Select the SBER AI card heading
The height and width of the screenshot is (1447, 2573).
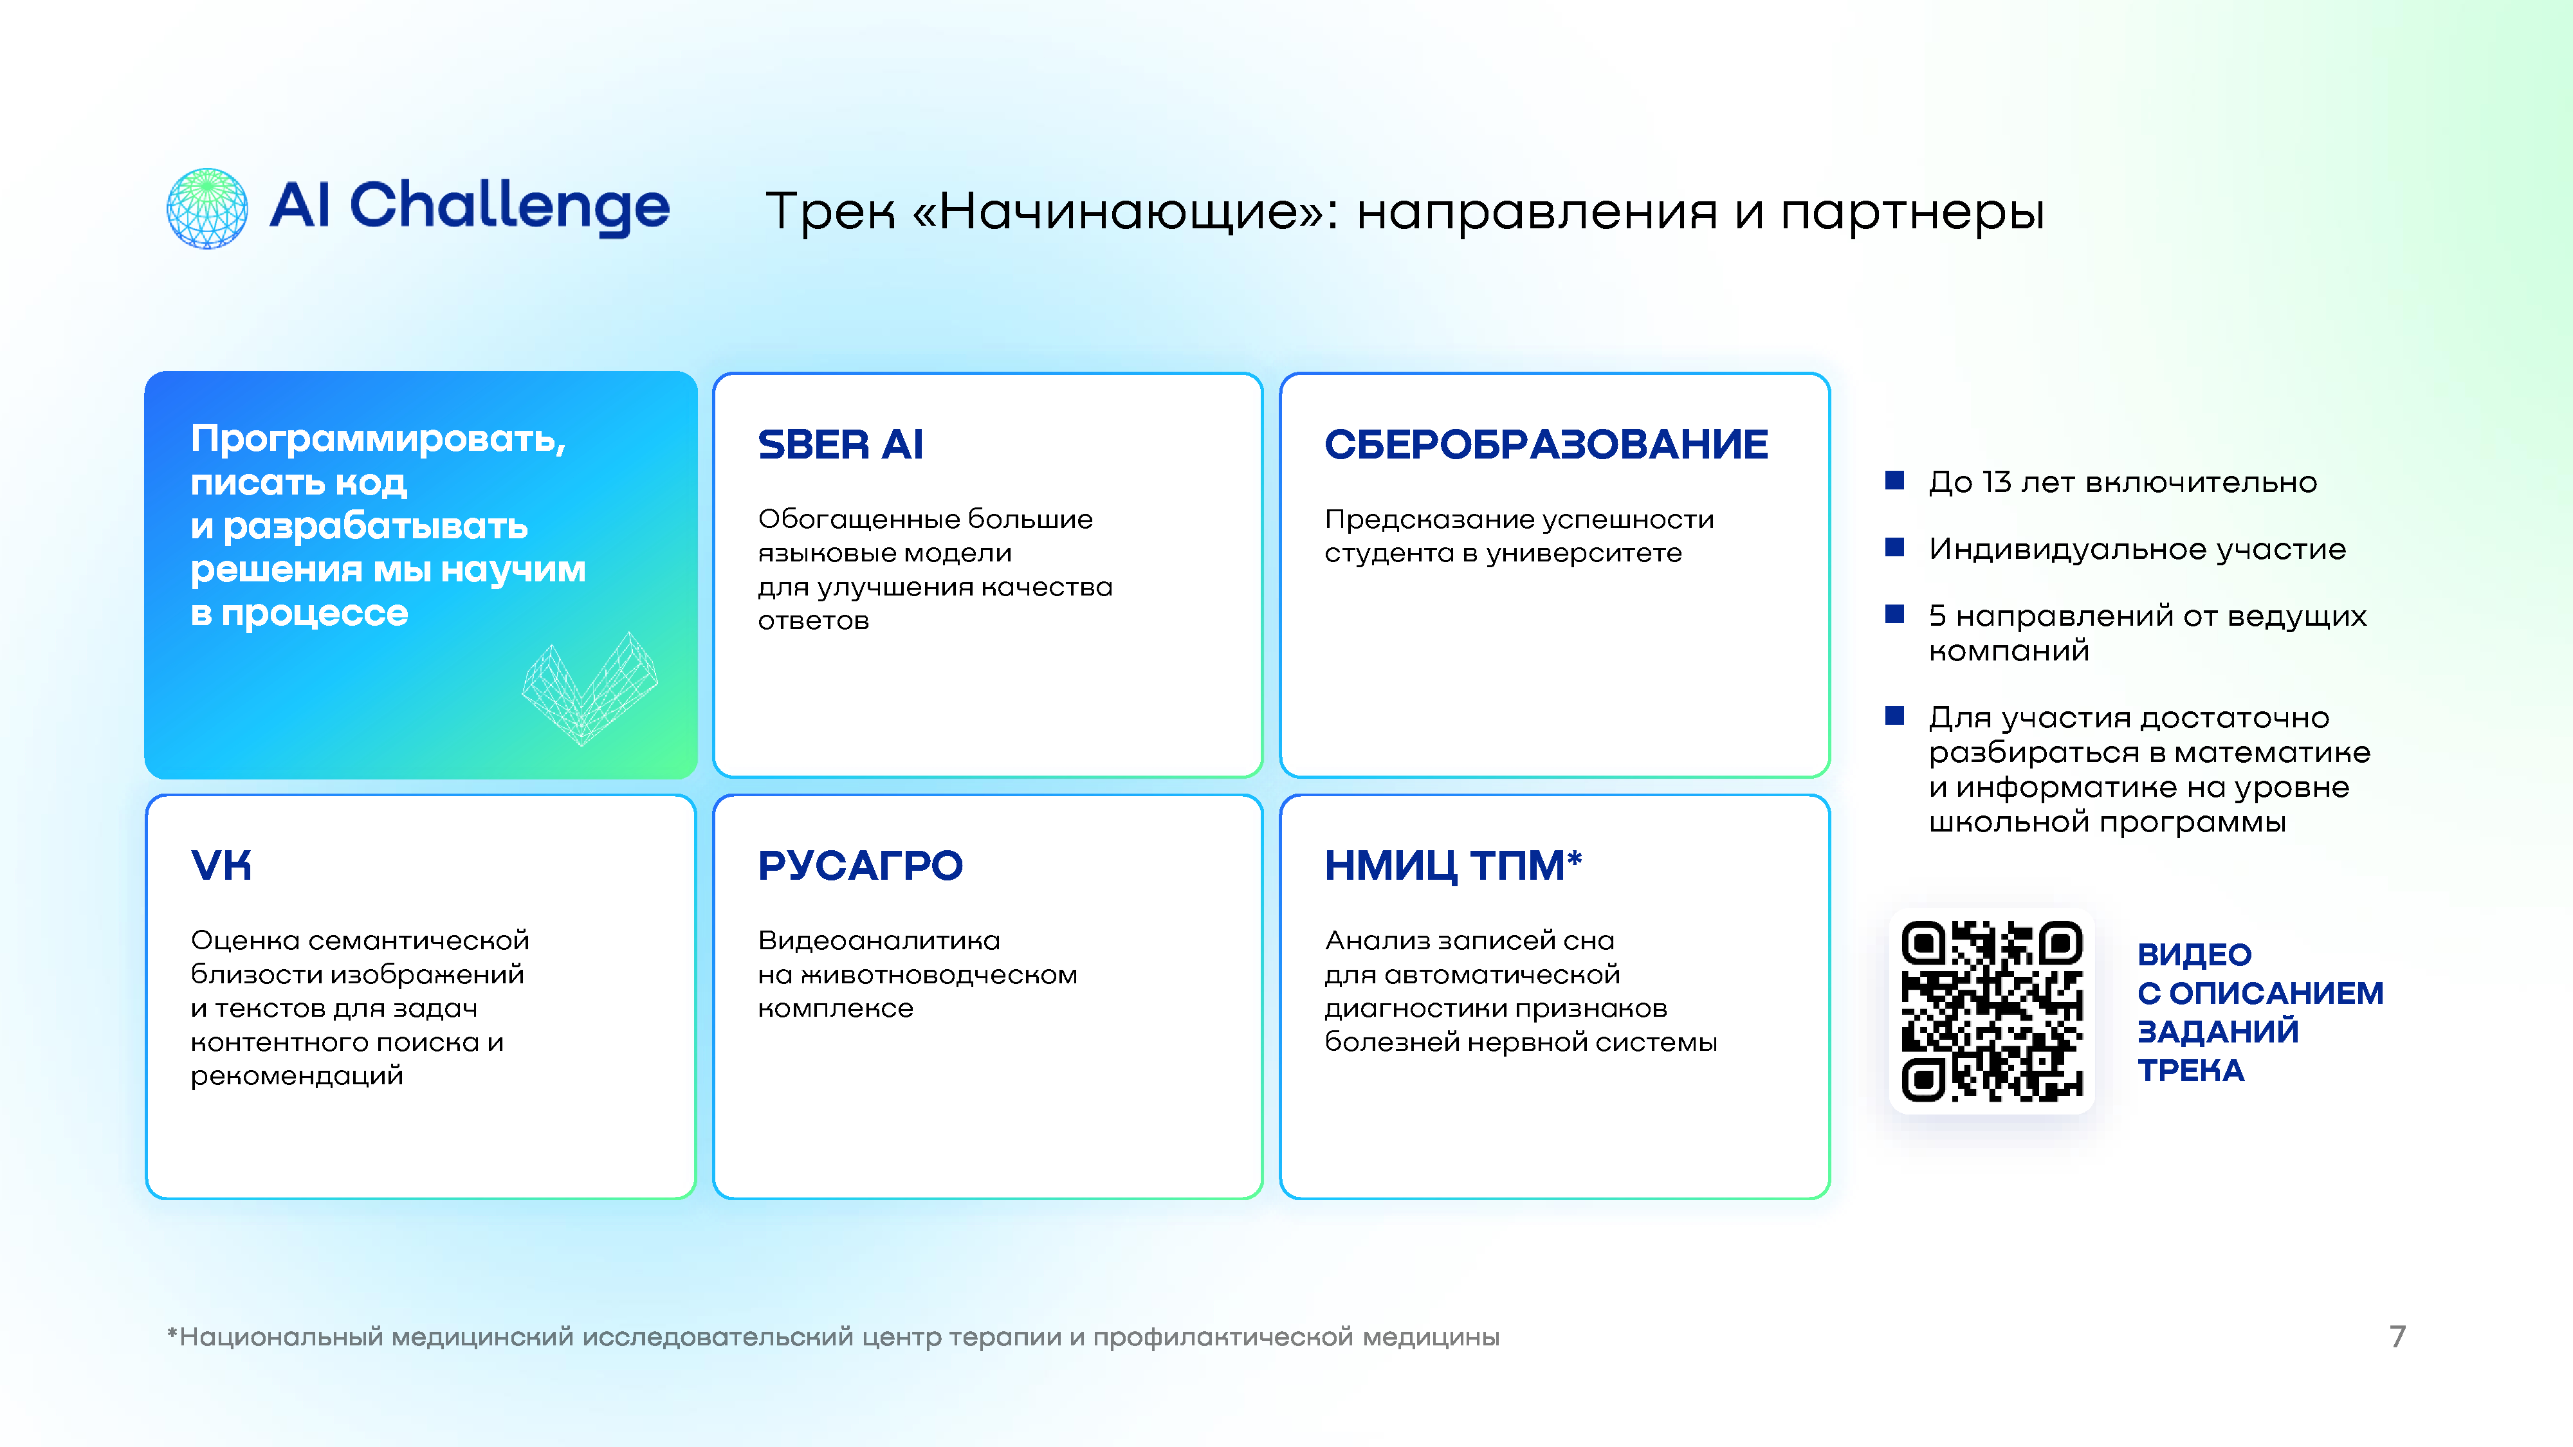[x=840, y=444]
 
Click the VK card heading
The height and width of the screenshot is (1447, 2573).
[x=221, y=866]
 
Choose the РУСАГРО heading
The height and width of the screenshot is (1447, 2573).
[x=860, y=866]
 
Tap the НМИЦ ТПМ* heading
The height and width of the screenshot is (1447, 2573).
[x=1453, y=865]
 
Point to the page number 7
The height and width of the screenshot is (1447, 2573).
[x=2397, y=1336]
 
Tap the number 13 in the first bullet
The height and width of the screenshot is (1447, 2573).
[x=1997, y=482]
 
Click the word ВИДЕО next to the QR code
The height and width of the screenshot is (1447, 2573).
[x=2194, y=954]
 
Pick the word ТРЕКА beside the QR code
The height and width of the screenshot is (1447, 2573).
[x=2190, y=1071]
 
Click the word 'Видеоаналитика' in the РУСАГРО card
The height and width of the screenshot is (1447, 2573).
[x=879, y=941]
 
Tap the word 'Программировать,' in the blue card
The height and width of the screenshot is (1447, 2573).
[x=379, y=439]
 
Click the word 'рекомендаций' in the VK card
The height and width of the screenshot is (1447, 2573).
[x=297, y=1077]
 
